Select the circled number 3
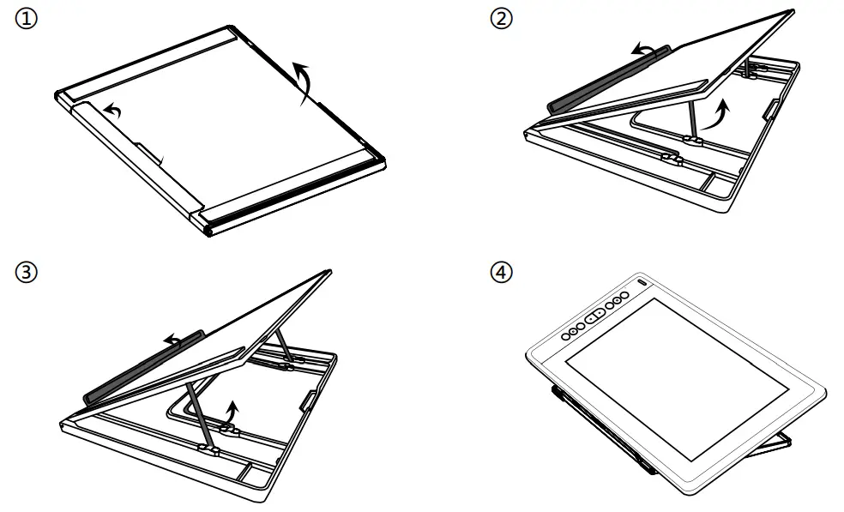coord(27,274)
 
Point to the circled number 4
coord(499,274)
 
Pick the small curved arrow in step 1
coord(111,110)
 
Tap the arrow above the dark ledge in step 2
coord(648,51)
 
